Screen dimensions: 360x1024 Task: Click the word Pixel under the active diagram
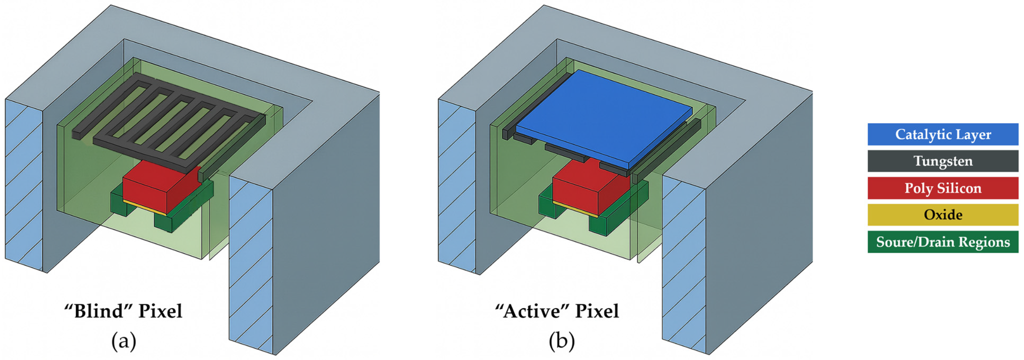point(597,311)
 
